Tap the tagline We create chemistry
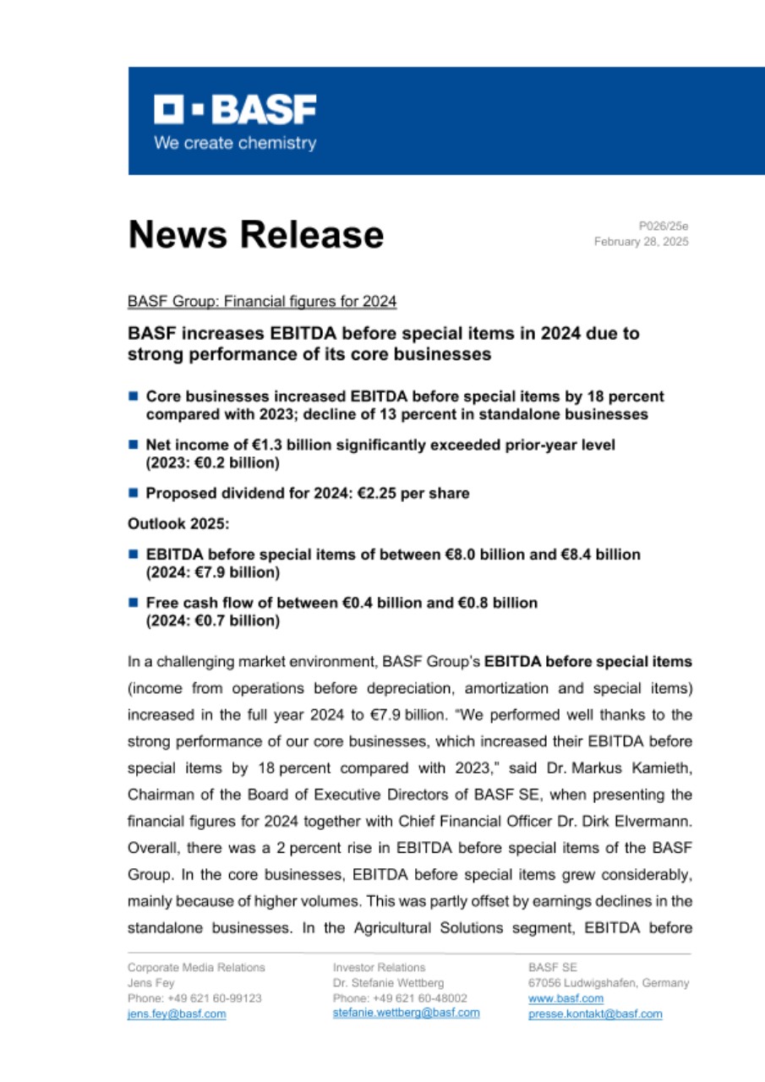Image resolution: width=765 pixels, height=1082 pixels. [x=234, y=143]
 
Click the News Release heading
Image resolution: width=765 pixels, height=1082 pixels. [x=255, y=234]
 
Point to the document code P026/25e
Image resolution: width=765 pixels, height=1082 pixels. [x=664, y=226]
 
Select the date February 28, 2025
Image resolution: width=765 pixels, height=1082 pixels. [x=641, y=242]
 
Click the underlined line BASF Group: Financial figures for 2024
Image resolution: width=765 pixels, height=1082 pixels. [x=262, y=301]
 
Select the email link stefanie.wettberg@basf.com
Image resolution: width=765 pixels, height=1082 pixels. [x=406, y=1013]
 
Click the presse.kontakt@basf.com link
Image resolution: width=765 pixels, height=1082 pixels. [x=595, y=1014]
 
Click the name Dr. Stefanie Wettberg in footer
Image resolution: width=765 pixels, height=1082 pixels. [x=389, y=983]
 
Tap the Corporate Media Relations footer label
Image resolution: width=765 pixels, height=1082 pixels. [x=196, y=967]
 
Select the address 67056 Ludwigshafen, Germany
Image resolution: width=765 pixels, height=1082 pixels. [x=608, y=983]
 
